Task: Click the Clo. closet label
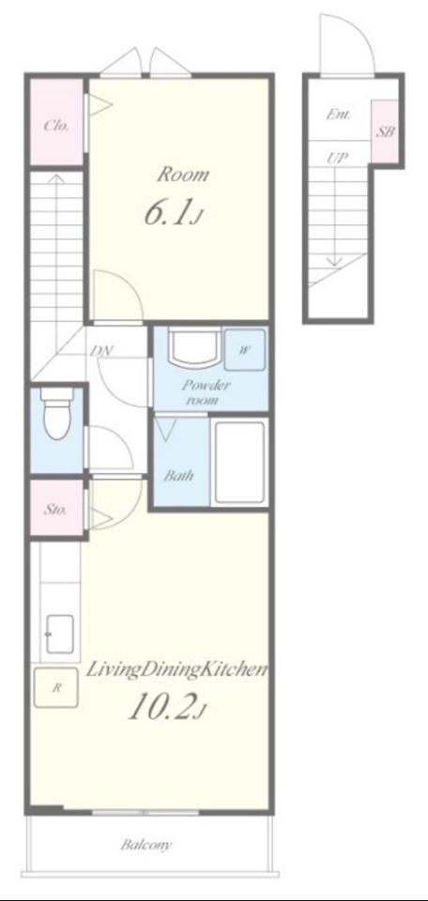click(x=56, y=125)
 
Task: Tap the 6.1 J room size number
click(x=174, y=214)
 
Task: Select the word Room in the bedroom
click(x=183, y=175)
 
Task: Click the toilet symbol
click(x=57, y=413)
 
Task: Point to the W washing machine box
click(x=244, y=349)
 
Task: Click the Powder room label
click(x=206, y=392)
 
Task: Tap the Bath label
click(x=178, y=476)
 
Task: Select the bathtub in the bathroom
click(x=239, y=463)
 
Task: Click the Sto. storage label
click(x=55, y=510)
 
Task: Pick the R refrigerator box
click(x=55, y=687)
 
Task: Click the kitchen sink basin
click(x=60, y=634)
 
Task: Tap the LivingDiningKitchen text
click(x=177, y=670)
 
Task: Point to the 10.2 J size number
click(x=165, y=707)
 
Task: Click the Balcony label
click(x=145, y=845)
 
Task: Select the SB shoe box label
click(x=385, y=131)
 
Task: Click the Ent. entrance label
click(x=339, y=115)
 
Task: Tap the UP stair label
click(x=338, y=158)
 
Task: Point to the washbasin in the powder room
click(x=193, y=346)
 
